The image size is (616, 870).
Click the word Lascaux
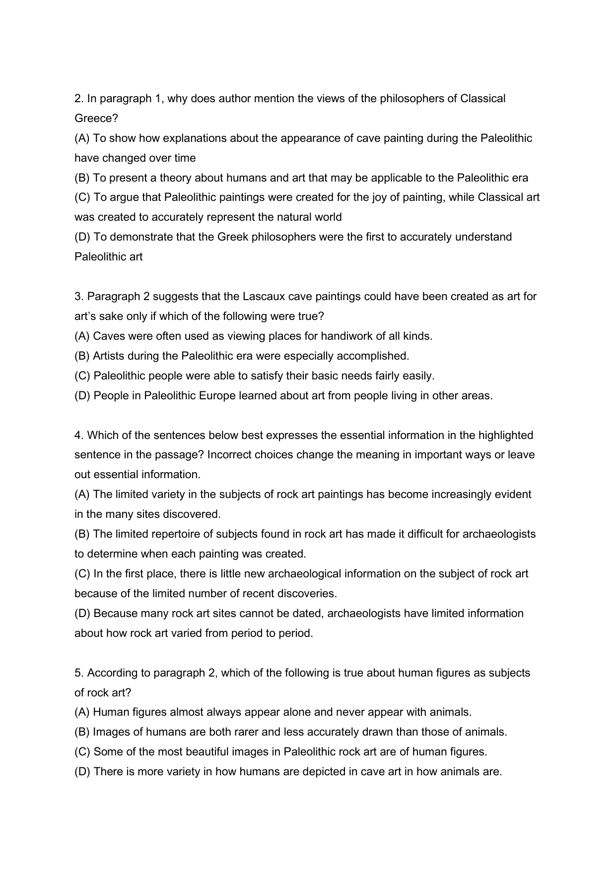pyautogui.click(x=261, y=297)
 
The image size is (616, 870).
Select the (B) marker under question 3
pyautogui.click(x=82, y=356)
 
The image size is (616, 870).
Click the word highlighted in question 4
pyautogui.click(x=505, y=435)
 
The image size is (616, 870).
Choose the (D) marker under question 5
pyautogui.click(x=82, y=772)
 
